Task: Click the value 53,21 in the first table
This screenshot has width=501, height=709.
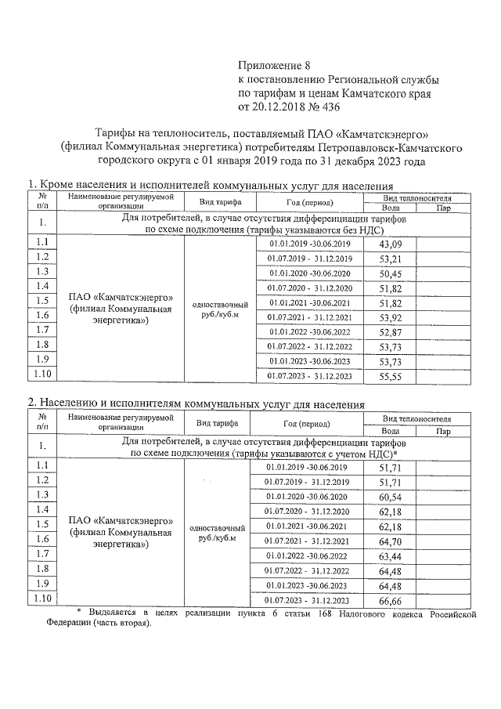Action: point(389,259)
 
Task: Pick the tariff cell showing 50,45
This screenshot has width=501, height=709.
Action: point(389,273)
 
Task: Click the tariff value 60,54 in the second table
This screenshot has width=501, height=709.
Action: point(389,497)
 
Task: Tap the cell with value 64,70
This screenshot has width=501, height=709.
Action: point(389,541)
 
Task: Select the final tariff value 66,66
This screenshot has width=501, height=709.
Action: point(389,600)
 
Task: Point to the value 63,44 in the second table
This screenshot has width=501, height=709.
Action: point(389,556)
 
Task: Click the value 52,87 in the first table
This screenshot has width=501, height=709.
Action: point(389,332)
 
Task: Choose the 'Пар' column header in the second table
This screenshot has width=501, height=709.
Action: point(444,431)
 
